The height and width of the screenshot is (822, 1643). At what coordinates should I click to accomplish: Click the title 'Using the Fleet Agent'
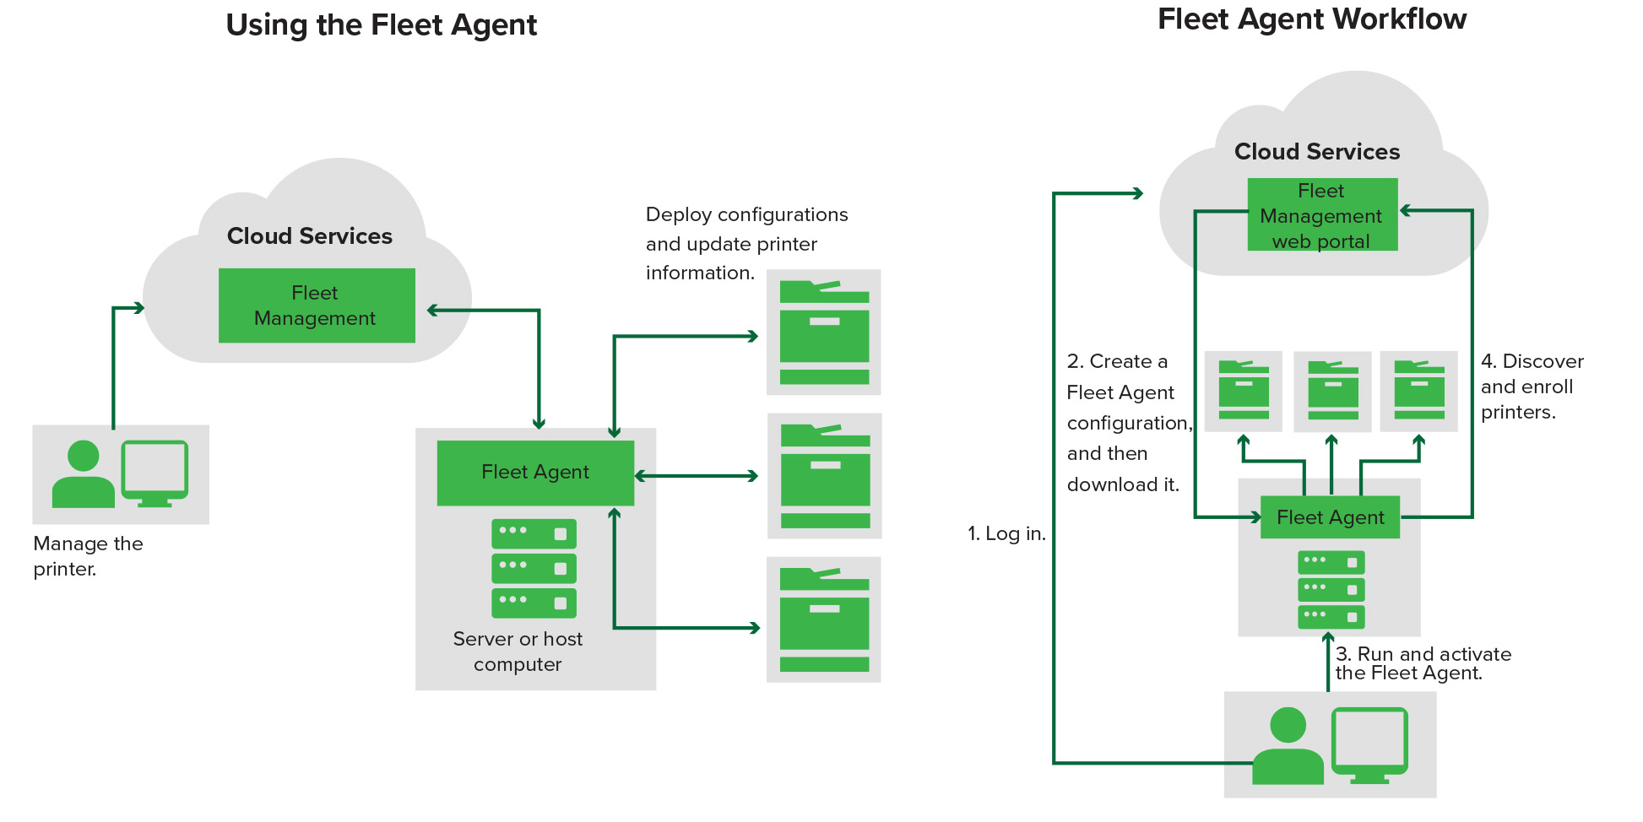coord(381,25)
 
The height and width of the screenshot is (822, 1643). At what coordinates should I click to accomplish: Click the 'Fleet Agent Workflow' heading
coord(1311,19)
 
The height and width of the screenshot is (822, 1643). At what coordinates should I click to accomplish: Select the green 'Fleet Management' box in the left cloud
coord(316,306)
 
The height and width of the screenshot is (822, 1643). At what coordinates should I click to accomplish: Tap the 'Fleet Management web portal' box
coord(1321,215)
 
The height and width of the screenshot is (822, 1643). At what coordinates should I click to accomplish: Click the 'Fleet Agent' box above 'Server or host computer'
coord(534,473)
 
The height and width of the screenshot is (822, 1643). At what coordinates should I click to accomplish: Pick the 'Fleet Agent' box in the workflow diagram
coord(1330,517)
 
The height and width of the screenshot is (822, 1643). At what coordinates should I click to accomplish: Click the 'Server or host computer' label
coord(518,652)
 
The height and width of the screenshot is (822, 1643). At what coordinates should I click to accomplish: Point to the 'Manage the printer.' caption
coord(87,556)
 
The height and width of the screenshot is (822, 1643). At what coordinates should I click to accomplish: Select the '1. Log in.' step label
coord(1006,533)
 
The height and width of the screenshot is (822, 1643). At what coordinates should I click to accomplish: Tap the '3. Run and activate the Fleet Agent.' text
coord(1422,663)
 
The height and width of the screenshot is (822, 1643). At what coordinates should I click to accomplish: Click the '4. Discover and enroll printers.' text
coord(1531,387)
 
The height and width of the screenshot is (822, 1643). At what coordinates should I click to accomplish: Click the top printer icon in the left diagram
coord(823,333)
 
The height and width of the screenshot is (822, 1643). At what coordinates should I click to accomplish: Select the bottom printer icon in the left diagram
coord(823,619)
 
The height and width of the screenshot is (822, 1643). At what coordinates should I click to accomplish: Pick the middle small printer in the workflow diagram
coord(1332,391)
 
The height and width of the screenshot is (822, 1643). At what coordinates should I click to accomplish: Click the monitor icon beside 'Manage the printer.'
coord(155,473)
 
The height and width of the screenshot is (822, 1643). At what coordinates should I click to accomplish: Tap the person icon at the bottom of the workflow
coord(1288,747)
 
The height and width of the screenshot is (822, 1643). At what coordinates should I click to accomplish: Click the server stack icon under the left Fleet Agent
coord(534,569)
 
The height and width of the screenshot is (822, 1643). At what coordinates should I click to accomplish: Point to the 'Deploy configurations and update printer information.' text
coord(746,243)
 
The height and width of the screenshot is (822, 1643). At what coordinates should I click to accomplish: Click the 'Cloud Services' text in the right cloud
coord(1316,152)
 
